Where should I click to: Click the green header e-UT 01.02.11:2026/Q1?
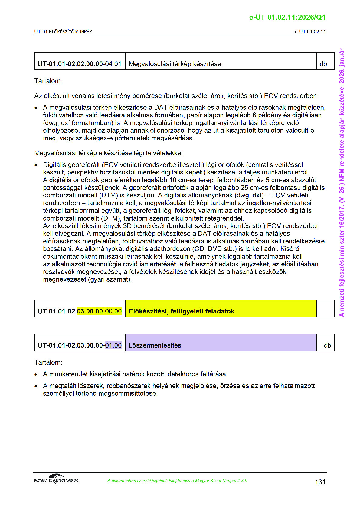click(x=287, y=17)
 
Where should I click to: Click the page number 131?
click(x=320, y=482)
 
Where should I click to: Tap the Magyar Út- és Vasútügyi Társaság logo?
click(x=56, y=478)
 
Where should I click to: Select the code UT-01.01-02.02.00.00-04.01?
click(x=80, y=64)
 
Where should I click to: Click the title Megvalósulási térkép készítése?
click(x=175, y=64)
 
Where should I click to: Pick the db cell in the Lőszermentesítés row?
click(x=327, y=345)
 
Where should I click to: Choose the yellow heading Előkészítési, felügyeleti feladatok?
click(x=182, y=311)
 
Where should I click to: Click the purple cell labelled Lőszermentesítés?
click(x=155, y=345)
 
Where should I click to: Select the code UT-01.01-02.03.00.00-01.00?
click(x=80, y=345)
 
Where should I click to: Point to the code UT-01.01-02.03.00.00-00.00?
click(x=80, y=311)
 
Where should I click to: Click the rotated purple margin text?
click(x=342, y=183)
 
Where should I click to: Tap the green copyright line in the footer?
click(x=177, y=481)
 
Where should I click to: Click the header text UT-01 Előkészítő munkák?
click(x=63, y=31)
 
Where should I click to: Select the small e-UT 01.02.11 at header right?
click(x=310, y=31)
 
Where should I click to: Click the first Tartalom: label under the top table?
click(x=48, y=81)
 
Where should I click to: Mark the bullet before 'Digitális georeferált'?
click(x=36, y=165)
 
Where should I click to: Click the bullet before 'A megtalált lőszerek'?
click(x=36, y=386)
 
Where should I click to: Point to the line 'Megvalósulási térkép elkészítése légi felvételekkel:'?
click(x=109, y=153)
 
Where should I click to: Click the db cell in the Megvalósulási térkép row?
click(x=323, y=64)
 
